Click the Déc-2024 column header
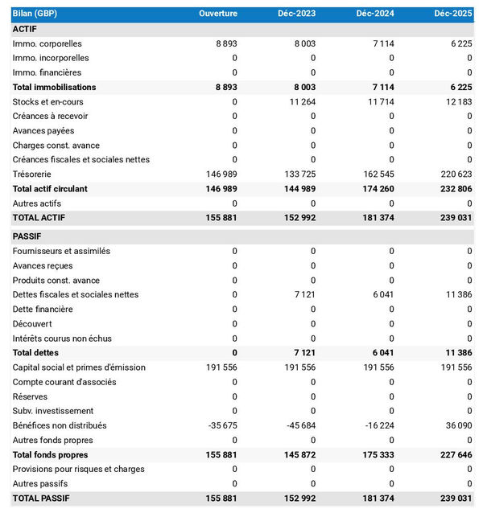(x=374, y=14)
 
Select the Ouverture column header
(x=218, y=14)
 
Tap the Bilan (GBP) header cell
(x=35, y=14)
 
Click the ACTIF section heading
(x=26, y=29)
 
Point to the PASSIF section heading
(x=27, y=236)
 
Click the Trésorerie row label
(x=32, y=174)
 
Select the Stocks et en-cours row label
(x=47, y=101)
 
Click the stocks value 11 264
(x=299, y=101)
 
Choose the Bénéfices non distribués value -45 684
(x=297, y=425)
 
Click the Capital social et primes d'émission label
(x=79, y=367)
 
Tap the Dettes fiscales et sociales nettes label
(x=76, y=294)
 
